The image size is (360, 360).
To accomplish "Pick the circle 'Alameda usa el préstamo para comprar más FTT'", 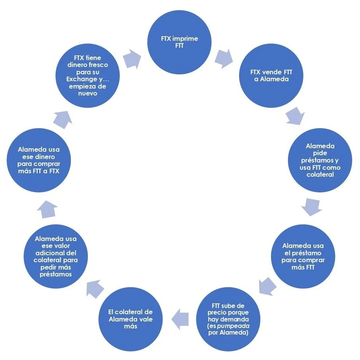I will (x=303, y=256).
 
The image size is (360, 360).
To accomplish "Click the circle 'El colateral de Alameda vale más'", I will (x=131, y=319).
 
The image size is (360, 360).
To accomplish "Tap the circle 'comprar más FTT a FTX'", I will (x=39, y=160).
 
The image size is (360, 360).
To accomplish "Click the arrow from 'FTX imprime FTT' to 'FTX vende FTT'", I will (x=224, y=57).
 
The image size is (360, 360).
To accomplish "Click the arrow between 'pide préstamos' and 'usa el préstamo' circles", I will (x=311, y=207).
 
